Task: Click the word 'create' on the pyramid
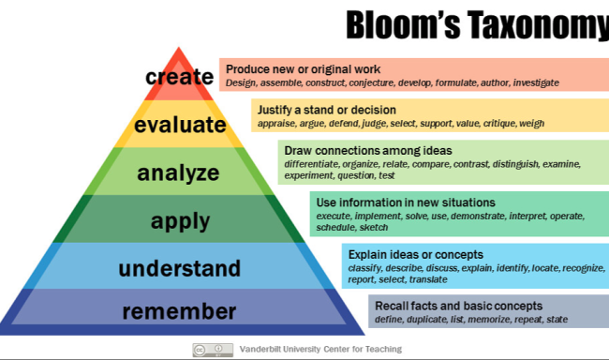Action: pos(179,77)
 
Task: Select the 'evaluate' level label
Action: pos(180,125)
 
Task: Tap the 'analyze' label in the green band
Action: pos(178,172)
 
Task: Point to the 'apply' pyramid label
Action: pos(180,221)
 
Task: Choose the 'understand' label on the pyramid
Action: pos(179,269)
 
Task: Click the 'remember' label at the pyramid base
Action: pos(179,311)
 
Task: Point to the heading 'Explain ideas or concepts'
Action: pos(416,254)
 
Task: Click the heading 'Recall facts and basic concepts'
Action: pos(458,306)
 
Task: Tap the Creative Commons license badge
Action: pos(213,349)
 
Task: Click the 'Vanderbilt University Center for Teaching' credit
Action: pos(320,349)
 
